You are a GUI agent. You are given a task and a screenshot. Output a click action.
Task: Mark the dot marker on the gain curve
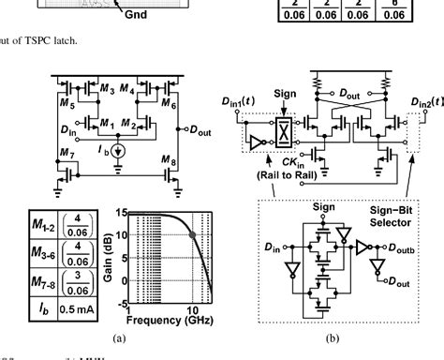pos(193,234)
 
